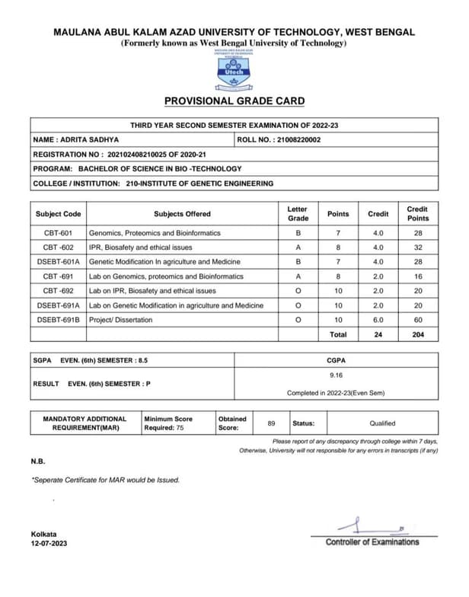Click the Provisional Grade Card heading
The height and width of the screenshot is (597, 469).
pyautogui.click(x=234, y=101)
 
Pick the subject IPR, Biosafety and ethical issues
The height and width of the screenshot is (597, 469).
pyautogui.click(x=141, y=247)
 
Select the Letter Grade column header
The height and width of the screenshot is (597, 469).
pyautogui.click(x=298, y=214)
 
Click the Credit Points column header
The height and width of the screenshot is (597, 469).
pyautogui.click(x=417, y=214)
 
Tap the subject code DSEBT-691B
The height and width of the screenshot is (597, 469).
pyautogui.click(x=59, y=320)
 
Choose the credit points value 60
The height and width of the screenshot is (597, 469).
pyautogui.click(x=417, y=320)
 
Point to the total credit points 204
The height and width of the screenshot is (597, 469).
pyautogui.click(x=417, y=334)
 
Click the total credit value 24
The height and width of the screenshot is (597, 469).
pyautogui.click(x=378, y=334)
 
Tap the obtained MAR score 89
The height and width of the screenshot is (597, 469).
pyautogui.click(x=272, y=423)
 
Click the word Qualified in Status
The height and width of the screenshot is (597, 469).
pyautogui.click(x=382, y=423)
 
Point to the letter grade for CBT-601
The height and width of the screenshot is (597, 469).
pyautogui.click(x=298, y=233)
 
